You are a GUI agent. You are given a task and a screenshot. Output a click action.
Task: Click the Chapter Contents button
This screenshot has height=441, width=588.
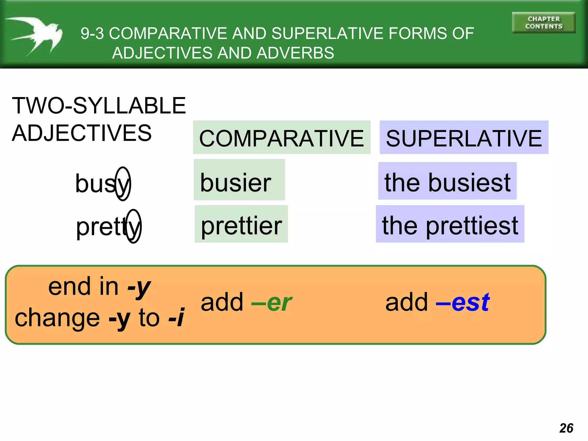pos(543,23)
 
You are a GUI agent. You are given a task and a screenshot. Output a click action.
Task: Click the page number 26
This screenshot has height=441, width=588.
pos(566,428)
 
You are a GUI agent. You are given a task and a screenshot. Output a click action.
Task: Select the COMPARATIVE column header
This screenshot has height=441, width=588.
pos(281,138)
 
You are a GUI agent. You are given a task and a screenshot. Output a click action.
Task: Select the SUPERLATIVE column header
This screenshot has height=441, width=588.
pos(464,138)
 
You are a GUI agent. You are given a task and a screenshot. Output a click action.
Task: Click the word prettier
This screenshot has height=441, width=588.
pos(241,226)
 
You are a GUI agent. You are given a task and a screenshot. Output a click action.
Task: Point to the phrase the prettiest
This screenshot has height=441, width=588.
pos(450,226)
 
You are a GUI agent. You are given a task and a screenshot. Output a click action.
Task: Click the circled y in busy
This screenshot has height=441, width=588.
pos(123,184)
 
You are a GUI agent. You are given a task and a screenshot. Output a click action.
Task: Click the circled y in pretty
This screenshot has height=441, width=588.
pos(134,227)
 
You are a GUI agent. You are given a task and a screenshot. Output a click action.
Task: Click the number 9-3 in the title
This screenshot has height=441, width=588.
pos(92,33)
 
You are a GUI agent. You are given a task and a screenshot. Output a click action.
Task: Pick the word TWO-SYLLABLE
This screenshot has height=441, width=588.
pos(99,106)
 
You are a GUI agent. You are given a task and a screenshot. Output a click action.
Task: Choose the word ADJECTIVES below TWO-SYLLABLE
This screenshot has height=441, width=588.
pos(82,133)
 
